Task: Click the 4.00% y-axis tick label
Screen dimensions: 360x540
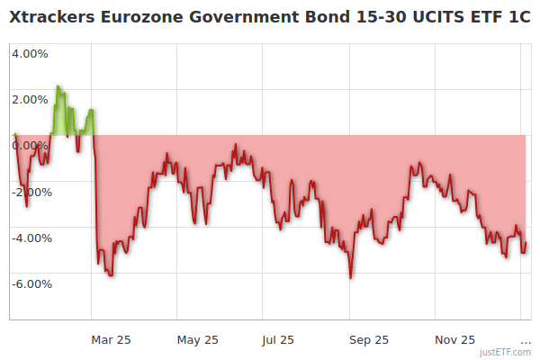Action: pos(30,53)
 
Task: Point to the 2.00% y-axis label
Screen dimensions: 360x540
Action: pos(30,99)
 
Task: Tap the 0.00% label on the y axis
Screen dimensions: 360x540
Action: pos(30,146)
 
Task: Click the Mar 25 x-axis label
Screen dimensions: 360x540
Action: pos(111,339)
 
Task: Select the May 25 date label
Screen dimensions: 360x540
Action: pos(198,339)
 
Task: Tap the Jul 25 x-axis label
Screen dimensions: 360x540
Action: pos(277,339)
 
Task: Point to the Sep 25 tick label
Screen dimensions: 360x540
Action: pos(369,339)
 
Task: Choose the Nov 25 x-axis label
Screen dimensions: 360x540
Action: pos(454,339)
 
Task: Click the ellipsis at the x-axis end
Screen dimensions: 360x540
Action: pos(526,340)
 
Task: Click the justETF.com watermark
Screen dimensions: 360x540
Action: pos(506,352)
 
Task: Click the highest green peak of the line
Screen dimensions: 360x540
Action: pos(58,86)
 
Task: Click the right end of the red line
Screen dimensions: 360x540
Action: pos(526,243)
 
